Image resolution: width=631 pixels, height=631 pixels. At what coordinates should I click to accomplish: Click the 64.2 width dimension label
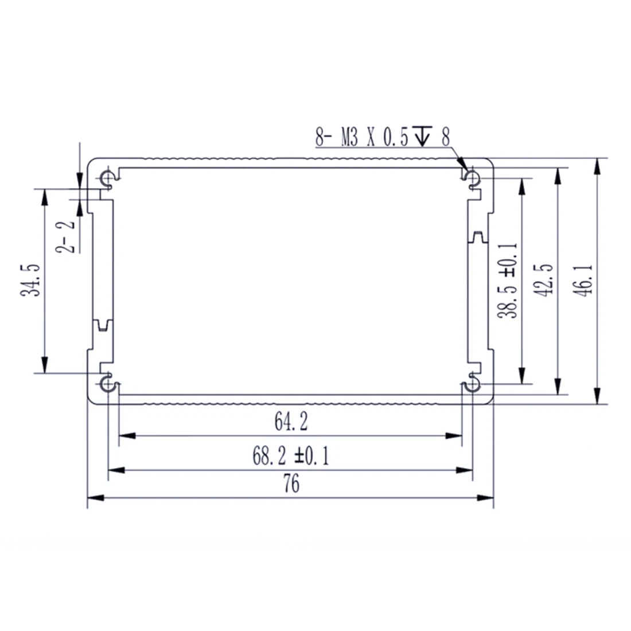pos(291,422)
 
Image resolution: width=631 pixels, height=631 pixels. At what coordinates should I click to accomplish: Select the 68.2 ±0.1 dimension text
pos(291,457)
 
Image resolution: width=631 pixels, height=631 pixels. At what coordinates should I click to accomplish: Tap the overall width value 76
pos(291,484)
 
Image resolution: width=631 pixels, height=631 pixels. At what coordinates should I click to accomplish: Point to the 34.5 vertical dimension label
pos(30,280)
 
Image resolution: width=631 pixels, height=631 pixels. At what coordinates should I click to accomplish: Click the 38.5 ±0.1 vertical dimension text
pos(508,280)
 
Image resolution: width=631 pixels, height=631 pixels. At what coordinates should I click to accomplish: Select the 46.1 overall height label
pos(586,280)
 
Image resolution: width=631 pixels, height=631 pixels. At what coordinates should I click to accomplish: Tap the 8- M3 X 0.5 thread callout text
pos(361,137)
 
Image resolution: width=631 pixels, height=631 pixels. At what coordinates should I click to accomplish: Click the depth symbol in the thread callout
pos(423,137)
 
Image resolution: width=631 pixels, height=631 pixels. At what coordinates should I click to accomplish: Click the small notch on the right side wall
pos(477,236)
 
